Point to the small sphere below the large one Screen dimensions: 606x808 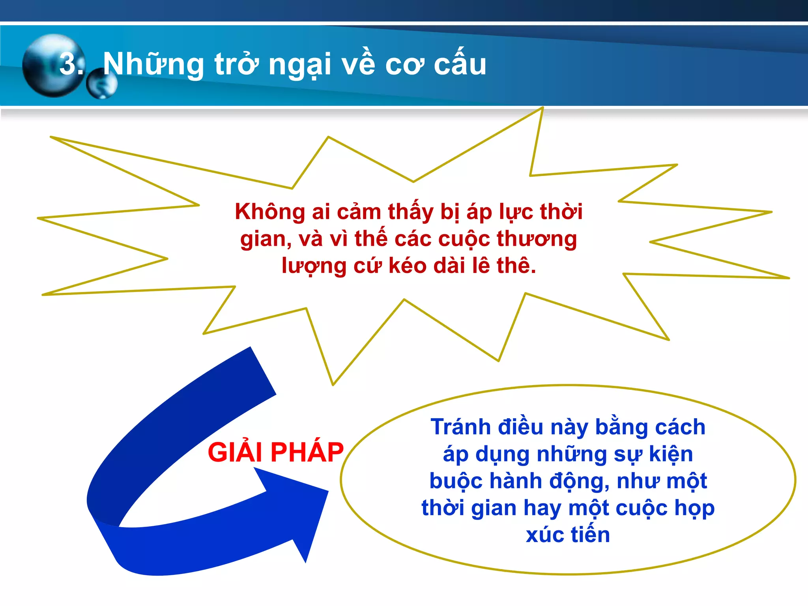click(101, 84)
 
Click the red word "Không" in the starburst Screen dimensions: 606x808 click(270, 212)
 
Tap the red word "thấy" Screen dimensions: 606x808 click(410, 212)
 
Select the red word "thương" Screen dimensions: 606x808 click(537, 239)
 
